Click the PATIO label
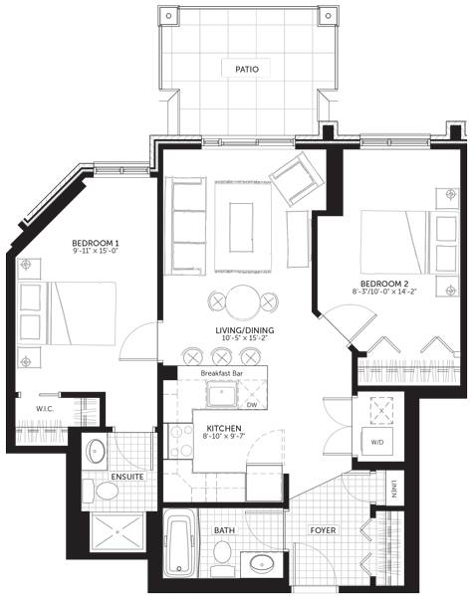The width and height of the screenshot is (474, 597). click(x=247, y=70)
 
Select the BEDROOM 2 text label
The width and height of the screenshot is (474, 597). click(x=384, y=284)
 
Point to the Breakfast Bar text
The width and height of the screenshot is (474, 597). click(x=222, y=373)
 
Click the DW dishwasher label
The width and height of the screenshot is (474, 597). click(x=252, y=405)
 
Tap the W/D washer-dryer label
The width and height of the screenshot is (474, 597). click(x=377, y=443)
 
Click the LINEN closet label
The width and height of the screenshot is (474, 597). click(x=393, y=490)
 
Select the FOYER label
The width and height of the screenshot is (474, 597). click(x=323, y=530)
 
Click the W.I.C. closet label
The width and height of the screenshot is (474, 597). click(x=45, y=409)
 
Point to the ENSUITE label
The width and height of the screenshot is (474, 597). click(x=127, y=477)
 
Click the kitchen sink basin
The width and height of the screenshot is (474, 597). click(x=222, y=393)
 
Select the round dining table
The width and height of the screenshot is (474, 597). click(x=243, y=302)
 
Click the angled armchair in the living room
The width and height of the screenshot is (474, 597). click(x=297, y=178)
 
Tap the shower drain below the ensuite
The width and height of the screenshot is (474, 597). click(x=118, y=531)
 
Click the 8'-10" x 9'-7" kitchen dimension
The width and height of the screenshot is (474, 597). click(x=224, y=436)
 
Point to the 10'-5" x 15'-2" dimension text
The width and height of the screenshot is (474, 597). click(x=244, y=337)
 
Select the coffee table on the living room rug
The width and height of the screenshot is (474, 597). click(x=241, y=227)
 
